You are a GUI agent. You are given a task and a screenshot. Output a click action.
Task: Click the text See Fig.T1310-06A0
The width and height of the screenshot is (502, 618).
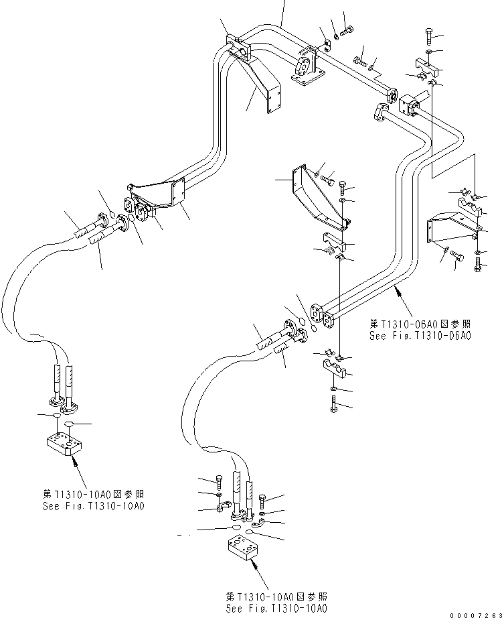(420, 336)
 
